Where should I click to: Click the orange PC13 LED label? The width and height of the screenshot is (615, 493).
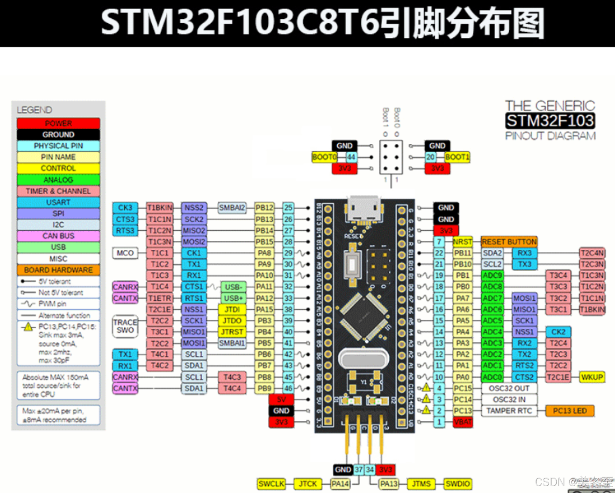pos(570,411)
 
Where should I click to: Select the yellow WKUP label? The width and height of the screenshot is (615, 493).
pos(592,377)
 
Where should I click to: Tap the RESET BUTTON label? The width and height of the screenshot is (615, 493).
pos(509,242)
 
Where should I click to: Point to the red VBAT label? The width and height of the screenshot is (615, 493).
pos(462,422)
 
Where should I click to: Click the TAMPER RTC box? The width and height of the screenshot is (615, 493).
pos(509,411)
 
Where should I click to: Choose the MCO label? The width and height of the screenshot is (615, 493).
pos(125,253)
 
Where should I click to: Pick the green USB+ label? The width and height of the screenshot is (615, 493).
pos(233,298)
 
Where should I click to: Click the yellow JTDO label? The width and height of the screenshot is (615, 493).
pos(232,321)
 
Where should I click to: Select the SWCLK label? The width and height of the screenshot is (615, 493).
pos(271,484)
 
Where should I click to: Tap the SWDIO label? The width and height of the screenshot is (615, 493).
pos(457,484)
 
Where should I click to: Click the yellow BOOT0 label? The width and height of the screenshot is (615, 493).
pos(324,157)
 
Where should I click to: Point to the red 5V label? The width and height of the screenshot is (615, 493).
pos(281,399)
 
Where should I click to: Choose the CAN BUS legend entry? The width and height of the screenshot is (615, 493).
pos(58,236)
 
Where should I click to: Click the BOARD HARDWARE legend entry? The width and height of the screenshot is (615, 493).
pos(58,270)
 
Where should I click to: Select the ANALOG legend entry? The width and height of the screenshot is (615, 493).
pos(58,180)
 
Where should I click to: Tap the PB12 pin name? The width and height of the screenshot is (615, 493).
pos(264,208)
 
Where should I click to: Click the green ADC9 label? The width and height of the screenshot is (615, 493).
pos(492,275)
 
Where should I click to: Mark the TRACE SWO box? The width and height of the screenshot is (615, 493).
pos(125,326)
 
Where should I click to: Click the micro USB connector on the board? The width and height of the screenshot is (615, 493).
pos(364,210)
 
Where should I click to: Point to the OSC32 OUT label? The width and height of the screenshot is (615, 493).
pos(509,388)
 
